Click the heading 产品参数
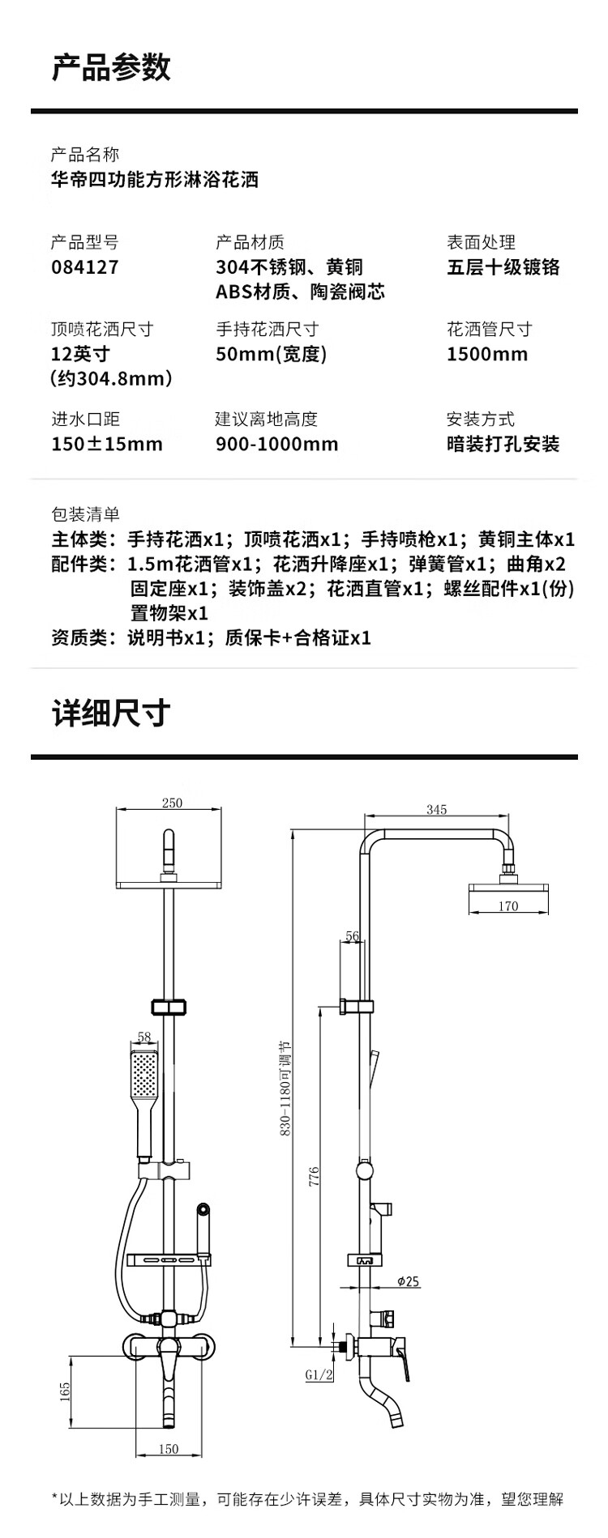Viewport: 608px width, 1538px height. click(111, 68)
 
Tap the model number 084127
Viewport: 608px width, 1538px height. click(85, 267)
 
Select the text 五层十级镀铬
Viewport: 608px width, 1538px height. click(503, 267)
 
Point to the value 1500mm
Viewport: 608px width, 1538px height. click(487, 354)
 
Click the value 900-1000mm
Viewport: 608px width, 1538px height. click(277, 444)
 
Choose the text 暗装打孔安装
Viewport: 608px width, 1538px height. click(503, 444)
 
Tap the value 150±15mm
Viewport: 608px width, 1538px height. click(107, 444)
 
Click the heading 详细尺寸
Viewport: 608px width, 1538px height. click(111, 714)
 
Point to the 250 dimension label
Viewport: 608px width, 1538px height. click(173, 803)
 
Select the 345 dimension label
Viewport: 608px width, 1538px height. click(437, 809)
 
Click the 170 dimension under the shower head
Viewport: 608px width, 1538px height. click(508, 905)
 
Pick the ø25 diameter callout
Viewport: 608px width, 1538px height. click(409, 1281)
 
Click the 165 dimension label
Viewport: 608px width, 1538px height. click(65, 1391)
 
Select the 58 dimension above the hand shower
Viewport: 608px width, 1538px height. click(144, 1036)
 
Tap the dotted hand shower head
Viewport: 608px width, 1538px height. click(144, 1077)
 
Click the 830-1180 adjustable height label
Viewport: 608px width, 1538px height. click(286, 1089)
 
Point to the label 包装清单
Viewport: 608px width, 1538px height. click(85, 513)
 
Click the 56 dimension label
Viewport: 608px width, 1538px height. click(352, 936)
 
